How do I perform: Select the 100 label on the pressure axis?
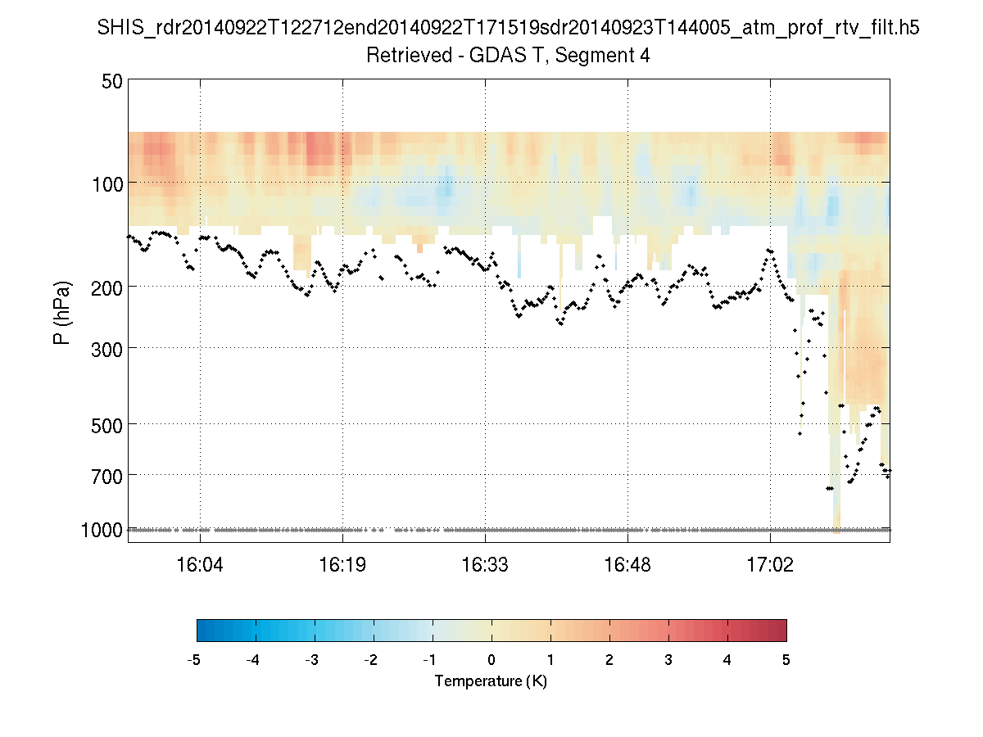[107, 183]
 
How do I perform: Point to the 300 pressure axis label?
[107, 348]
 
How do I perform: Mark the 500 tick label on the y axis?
[107, 424]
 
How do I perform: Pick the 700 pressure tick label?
[107, 475]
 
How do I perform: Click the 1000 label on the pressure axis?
[102, 530]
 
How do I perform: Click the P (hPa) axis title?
[62, 313]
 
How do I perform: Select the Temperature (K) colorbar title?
[491, 681]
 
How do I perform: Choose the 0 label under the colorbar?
[491, 660]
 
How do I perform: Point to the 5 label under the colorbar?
[786, 660]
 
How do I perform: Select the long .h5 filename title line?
[508, 29]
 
